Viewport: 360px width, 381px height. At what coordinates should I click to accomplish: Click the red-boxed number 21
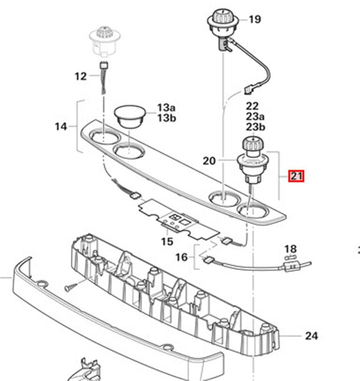(x=297, y=176)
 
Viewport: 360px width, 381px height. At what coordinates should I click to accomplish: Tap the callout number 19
(x=254, y=19)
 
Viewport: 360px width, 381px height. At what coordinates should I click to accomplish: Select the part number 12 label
(x=81, y=76)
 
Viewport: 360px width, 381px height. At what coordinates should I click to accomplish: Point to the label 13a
(x=165, y=107)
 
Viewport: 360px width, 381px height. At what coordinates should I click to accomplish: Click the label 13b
(x=165, y=118)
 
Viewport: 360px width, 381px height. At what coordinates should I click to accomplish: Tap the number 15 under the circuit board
(x=167, y=242)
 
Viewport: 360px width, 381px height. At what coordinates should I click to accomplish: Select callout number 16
(x=182, y=257)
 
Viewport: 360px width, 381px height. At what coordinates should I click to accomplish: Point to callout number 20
(x=210, y=161)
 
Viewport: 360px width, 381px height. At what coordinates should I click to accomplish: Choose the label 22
(x=252, y=106)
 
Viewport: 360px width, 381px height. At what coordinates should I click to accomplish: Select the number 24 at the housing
(x=311, y=336)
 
